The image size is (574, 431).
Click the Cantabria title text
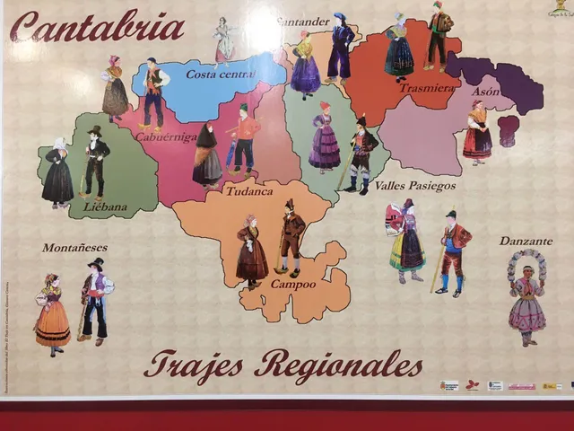coord(97,27)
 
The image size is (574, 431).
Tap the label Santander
coord(303,22)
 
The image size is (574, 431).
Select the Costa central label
coord(220,74)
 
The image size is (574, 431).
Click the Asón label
coord(485,92)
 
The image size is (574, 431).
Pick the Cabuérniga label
coord(166,136)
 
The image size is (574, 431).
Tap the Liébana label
coord(105,207)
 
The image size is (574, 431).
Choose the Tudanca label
coord(248,191)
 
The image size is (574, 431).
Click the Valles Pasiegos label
coord(414,186)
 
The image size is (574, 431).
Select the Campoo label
coord(292,284)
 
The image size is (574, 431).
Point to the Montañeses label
coord(74,247)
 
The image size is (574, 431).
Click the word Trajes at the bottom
coord(193,365)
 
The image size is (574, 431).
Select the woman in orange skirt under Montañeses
coord(52,314)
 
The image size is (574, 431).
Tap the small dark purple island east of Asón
coord(509,131)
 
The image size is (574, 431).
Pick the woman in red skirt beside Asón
coord(477,132)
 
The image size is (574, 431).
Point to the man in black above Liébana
coord(94,163)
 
